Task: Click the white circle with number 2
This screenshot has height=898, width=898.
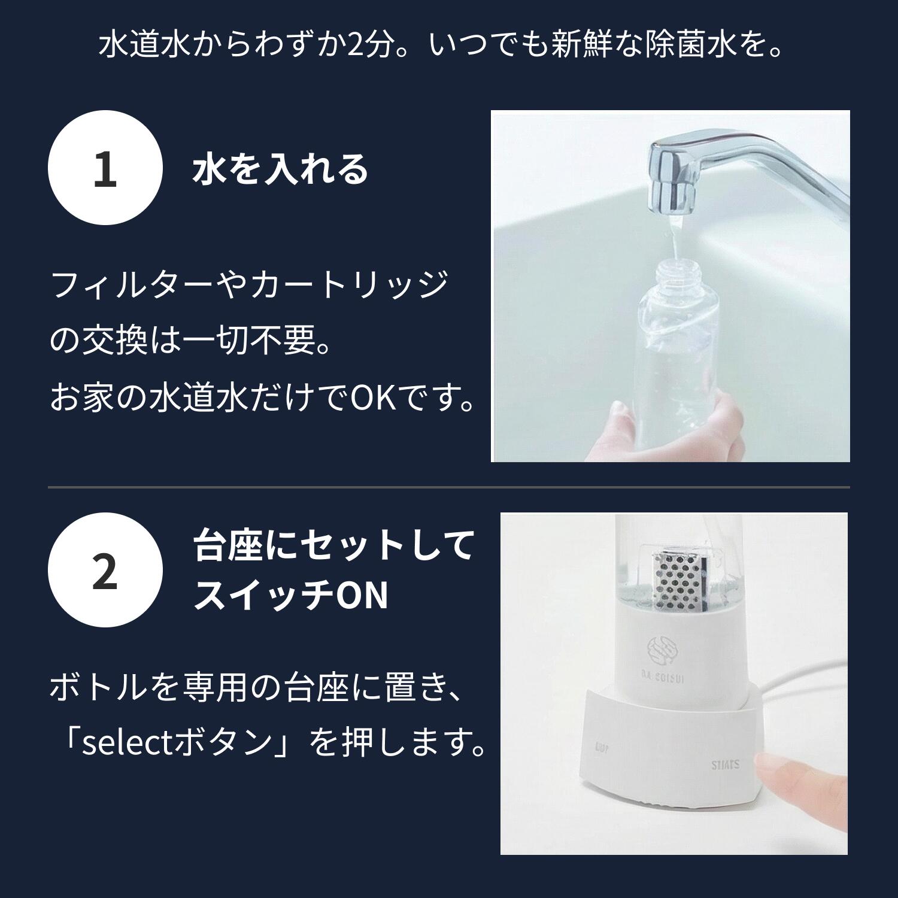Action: (105, 570)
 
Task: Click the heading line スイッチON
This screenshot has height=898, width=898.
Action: (291, 596)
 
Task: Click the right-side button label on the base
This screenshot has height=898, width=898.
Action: (725, 764)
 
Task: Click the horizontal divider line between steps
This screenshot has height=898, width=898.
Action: (448, 487)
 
